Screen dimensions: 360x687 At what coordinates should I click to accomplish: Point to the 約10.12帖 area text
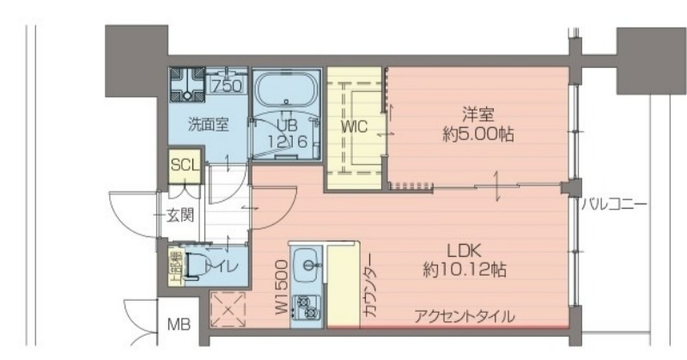(x=464, y=271)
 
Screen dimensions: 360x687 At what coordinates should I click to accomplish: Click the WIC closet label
(x=354, y=126)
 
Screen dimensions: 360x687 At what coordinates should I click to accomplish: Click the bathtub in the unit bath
(x=285, y=89)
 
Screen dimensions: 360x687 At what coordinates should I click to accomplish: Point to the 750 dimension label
(x=226, y=86)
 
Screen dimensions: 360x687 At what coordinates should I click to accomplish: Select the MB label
(x=178, y=325)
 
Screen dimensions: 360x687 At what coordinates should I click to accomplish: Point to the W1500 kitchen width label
(x=280, y=288)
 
